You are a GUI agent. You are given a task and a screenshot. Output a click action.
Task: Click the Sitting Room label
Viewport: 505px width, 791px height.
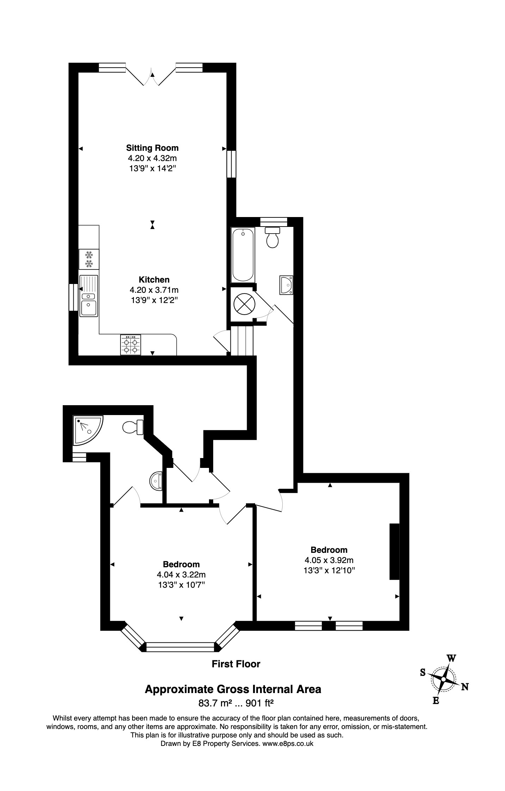click(152, 148)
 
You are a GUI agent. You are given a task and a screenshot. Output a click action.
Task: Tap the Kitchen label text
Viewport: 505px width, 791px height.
click(154, 279)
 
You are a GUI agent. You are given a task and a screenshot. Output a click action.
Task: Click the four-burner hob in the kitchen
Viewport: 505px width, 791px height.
click(130, 345)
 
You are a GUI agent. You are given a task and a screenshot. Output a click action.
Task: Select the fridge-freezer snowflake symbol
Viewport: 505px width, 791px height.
click(89, 259)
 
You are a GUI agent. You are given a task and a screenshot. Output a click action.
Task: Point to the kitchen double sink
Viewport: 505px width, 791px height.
click(88, 296)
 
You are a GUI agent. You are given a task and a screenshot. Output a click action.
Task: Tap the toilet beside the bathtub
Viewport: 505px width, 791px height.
click(272, 237)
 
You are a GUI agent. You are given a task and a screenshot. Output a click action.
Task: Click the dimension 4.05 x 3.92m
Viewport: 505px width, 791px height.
click(329, 560)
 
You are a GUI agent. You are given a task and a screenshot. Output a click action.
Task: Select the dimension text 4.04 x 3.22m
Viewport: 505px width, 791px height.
click(181, 575)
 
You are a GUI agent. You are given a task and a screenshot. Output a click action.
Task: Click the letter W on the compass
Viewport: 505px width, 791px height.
click(451, 658)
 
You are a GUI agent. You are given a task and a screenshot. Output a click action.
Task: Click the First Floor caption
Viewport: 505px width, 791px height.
click(236, 664)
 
